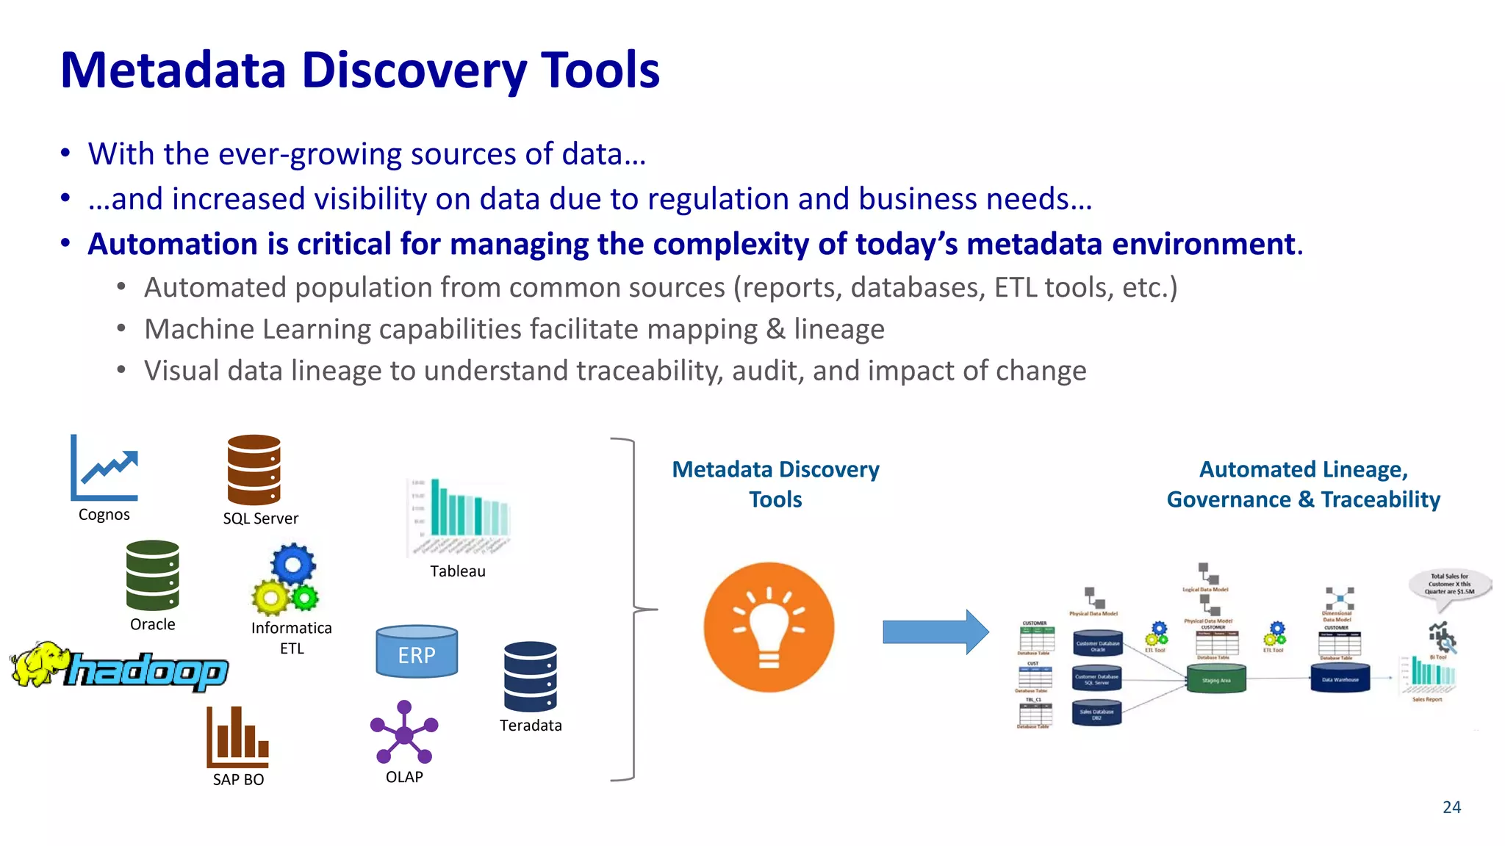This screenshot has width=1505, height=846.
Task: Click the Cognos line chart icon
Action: coord(104,468)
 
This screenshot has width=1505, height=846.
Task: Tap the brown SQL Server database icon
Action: coord(254,470)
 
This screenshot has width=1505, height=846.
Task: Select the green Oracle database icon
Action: coord(152,576)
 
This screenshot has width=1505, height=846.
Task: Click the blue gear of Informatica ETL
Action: coord(293,564)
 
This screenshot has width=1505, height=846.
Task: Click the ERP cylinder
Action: coord(417,652)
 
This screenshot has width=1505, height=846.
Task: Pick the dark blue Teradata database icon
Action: coord(530,676)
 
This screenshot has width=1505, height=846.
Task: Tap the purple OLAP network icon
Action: coord(404,732)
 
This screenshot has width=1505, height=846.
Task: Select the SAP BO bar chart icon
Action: coord(237,737)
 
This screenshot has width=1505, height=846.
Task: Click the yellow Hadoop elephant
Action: coord(40,664)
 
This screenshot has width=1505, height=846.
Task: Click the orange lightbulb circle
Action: coord(769,627)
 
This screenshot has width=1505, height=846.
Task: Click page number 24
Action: coord(1451,807)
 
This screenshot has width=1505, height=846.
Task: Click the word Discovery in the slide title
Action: coord(414,70)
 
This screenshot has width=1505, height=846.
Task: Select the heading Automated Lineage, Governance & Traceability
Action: coord(1303,484)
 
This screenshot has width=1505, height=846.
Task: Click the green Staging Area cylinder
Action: coord(1216,679)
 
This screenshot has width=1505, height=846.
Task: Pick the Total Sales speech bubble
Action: coord(1449,585)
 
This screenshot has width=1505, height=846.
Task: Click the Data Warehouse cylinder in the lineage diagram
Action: coord(1340,678)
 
